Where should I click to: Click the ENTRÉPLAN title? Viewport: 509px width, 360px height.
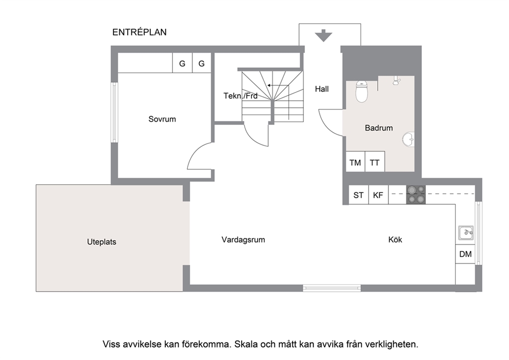[x=139, y=32]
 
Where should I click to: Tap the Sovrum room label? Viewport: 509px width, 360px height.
[x=162, y=119]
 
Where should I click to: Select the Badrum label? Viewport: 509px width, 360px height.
[x=379, y=128]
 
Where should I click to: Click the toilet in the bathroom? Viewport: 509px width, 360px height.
[x=362, y=91]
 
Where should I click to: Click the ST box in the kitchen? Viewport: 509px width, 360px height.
[x=358, y=195]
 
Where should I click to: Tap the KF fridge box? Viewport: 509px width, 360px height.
[x=378, y=195]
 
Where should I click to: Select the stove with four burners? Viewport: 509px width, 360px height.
[x=416, y=195]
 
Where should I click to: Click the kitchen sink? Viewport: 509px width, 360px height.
[x=466, y=233]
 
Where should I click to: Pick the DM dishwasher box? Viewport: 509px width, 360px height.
[x=465, y=254]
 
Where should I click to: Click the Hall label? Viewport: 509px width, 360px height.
[x=322, y=89]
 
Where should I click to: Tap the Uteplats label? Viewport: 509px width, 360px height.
[x=102, y=242]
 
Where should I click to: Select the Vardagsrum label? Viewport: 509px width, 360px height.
[x=243, y=240]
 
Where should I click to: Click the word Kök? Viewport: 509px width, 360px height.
[x=395, y=240]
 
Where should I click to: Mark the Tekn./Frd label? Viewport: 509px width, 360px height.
[x=240, y=96]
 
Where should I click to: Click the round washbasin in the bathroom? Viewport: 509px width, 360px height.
[x=408, y=139]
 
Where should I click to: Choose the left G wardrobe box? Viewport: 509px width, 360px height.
[x=182, y=63]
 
